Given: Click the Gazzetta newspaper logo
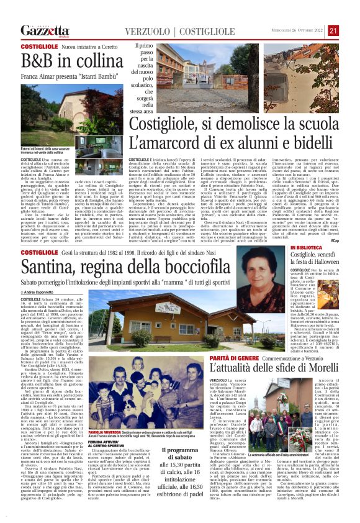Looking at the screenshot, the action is [45, 30].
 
